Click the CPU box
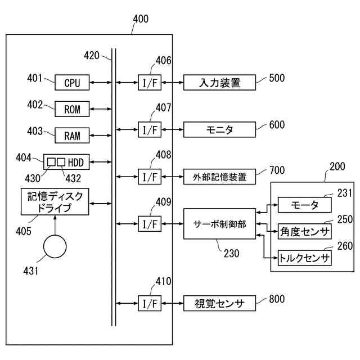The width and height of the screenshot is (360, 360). click(72, 83)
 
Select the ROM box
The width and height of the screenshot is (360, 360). click(72, 109)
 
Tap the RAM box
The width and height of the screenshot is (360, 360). click(72, 136)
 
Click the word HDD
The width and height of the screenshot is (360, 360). click(76, 163)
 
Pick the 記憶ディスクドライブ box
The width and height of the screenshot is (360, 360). click(55, 202)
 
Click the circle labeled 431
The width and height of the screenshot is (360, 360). click(55, 246)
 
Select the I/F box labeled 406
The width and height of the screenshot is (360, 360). click(150, 83)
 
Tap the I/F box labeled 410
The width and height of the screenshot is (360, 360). click(150, 303)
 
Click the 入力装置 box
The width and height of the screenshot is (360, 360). click(220, 83)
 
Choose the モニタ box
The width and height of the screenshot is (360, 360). click(220, 130)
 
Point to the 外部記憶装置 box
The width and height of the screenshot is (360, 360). click(220, 177)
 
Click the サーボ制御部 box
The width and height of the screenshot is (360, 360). click(220, 224)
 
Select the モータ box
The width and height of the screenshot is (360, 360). click(305, 205)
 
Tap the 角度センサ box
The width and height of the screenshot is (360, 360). click(305, 231)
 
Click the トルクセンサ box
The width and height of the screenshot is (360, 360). click(305, 258)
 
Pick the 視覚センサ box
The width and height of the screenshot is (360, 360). click(220, 303)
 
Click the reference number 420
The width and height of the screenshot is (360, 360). click(91, 55)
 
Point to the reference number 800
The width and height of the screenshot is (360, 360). click(277, 299)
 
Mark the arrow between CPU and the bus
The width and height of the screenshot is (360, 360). click(101, 83)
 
